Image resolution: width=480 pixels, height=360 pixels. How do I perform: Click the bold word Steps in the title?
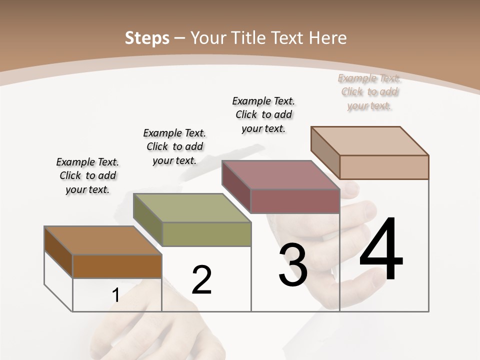[x=146, y=38]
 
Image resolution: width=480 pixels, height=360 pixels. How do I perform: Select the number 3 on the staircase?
[x=293, y=265]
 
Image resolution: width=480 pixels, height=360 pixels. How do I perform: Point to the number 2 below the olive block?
[x=202, y=280]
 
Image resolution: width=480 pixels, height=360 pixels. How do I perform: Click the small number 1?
[x=115, y=295]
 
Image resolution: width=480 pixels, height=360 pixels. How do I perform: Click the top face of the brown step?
[x=103, y=240]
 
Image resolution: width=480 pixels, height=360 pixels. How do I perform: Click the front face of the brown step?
[x=117, y=266]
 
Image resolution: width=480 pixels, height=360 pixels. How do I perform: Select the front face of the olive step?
[x=206, y=234]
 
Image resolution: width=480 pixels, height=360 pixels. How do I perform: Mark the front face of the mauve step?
[x=295, y=201]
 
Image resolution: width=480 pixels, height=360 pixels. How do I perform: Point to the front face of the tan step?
[x=384, y=167]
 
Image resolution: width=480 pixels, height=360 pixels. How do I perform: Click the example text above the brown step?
[x=87, y=175]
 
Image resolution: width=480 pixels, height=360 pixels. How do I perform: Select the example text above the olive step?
[x=174, y=146]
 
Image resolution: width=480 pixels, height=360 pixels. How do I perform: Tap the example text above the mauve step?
[x=263, y=114]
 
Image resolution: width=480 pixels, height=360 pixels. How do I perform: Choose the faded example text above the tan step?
[x=369, y=92]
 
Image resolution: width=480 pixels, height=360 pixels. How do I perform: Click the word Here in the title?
[x=328, y=38]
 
